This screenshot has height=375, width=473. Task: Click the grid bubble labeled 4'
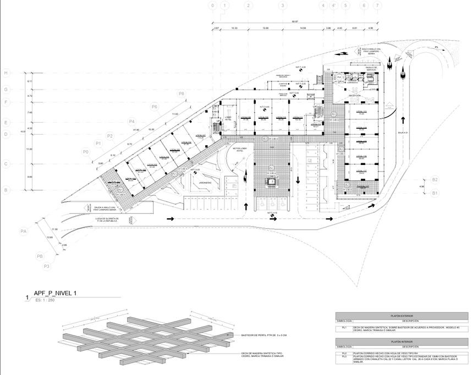334,5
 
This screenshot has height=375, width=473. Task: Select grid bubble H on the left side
6,73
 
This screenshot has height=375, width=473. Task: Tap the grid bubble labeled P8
181,94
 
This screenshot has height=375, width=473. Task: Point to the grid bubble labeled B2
435,180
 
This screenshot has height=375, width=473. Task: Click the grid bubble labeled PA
24,231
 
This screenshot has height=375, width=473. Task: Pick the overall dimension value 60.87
295,22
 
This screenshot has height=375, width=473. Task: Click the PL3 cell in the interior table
344,357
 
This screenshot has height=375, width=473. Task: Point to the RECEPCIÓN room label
354,96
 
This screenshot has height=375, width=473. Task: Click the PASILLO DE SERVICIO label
371,69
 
